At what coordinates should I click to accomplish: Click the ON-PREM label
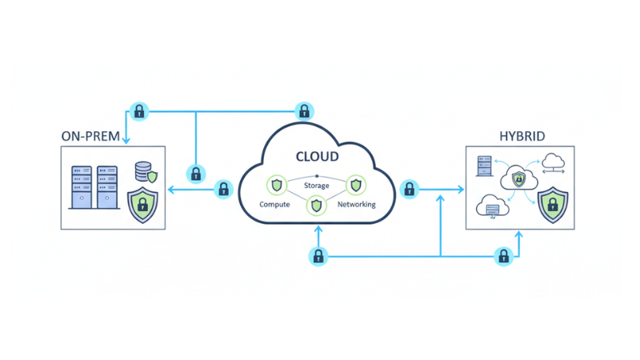click(90, 137)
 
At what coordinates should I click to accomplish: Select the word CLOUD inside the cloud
click(317, 157)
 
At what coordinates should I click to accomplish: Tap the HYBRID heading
click(522, 137)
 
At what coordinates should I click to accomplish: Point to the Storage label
click(317, 186)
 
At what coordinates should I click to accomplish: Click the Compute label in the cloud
click(274, 205)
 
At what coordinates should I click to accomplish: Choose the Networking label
click(356, 205)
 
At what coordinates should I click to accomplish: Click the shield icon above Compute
click(277, 186)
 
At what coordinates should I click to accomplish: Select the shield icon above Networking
click(355, 186)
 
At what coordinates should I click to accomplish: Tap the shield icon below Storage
click(317, 206)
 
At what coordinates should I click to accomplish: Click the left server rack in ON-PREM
click(82, 187)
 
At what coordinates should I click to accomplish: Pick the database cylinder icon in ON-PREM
click(143, 171)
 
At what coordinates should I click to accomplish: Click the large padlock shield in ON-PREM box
click(143, 204)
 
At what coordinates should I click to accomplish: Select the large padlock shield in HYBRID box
click(552, 204)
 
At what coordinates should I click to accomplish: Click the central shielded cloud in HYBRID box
click(518, 180)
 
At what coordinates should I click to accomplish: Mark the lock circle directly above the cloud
click(304, 110)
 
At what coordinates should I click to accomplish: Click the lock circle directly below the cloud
click(318, 256)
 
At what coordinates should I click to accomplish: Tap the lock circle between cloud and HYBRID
click(410, 190)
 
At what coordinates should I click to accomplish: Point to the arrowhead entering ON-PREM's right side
click(170, 190)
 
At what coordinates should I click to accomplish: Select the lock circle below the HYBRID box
click(503, 256)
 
